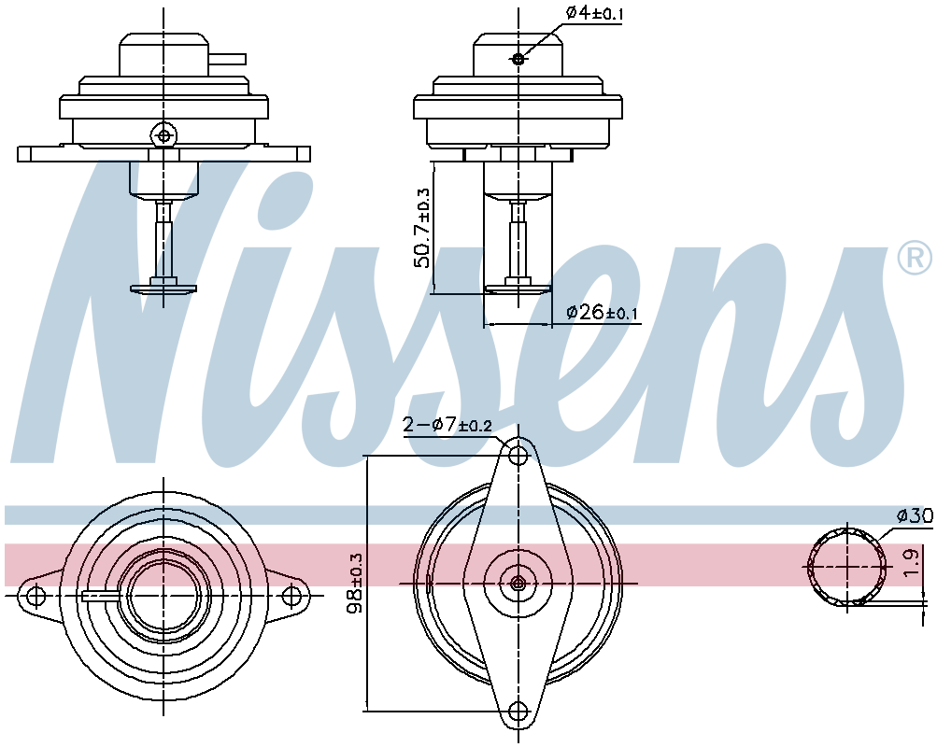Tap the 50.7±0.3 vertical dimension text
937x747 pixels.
pos(423,228)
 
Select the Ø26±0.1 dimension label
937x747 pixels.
pos(603,313)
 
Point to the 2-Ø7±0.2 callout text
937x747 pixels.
pos(447,426)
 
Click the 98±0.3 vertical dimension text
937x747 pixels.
pos(354,583)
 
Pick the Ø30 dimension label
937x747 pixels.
pos(915,515)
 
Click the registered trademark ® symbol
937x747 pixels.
pos(915,258)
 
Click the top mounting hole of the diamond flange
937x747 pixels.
pos(518,455)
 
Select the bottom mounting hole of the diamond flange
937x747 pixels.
pos(518,712)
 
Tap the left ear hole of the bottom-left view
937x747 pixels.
pos(36,596)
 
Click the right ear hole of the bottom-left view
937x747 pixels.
pos(293,596)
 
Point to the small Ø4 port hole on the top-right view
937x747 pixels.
pos(518,59)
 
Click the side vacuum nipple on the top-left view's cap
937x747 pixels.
pos(227,59)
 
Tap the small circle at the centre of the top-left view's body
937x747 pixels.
pos(164,135)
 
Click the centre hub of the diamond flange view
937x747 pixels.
pos(518,583)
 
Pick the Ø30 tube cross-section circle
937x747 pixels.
pos(846,566)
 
